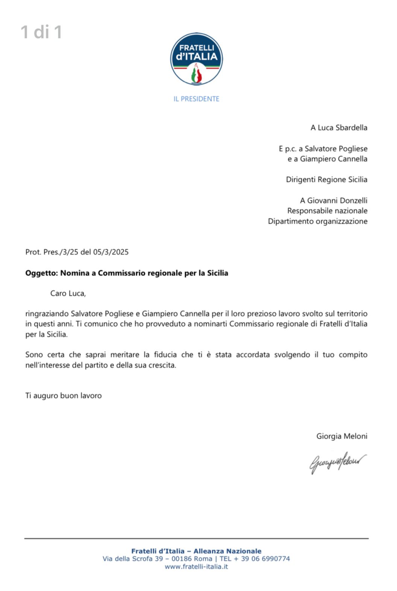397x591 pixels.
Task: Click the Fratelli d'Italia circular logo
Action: coord(196,59)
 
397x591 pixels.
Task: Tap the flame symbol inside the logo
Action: coord(197,74)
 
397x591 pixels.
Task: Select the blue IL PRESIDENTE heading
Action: coord(196,99)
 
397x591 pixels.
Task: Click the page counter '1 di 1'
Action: coord(41,32)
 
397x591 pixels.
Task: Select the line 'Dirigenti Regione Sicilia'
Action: coord(327,179)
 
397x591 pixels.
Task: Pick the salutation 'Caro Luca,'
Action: coord(68,293)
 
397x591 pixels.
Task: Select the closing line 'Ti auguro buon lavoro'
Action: coord(64,396)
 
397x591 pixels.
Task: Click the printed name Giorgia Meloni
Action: coord(342,436)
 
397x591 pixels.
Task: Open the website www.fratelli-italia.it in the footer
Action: coord(196,567)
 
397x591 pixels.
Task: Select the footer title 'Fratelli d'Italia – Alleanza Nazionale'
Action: coord(196,551)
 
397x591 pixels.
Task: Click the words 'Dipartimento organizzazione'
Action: coord(318,221)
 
